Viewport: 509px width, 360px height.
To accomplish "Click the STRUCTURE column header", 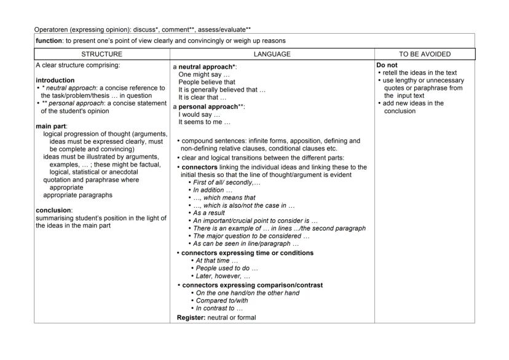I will coord(101,54).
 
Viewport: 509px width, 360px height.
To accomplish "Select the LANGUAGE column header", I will coord(272,54).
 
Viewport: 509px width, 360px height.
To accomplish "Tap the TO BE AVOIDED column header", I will coord(424,54).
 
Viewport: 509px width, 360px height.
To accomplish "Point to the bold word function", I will coord(49,41).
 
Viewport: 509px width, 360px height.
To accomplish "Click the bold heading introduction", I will coord(55,80).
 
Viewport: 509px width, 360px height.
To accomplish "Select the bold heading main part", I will coord(51,126).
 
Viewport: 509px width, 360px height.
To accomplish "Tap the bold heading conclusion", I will coord(53,210).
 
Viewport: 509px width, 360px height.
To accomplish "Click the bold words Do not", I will coord(387,65).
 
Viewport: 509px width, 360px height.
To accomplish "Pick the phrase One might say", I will coord(199,74).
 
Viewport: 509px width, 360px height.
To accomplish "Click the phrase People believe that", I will coord(207,82).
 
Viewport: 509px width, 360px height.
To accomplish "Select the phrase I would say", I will coord(199,114).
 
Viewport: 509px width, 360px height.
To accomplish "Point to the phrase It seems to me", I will coord(203,122).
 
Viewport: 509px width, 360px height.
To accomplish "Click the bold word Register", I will coord(191,317).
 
